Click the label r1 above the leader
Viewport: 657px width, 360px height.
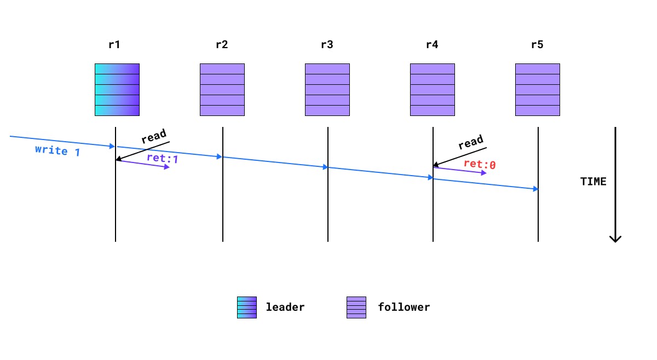point(114,45)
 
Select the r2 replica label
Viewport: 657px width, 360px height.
point(221,45)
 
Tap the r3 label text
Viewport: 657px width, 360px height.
point(327,45)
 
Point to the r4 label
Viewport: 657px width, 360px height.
point(432,45)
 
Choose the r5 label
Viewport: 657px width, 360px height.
point(537,45)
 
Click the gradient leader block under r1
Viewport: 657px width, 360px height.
point(117,90)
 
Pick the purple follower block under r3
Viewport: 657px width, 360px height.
point(327,90)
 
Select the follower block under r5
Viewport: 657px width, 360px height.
point(538,90)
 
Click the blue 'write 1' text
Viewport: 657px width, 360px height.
point(57,150)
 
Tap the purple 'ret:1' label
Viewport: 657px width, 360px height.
point(163,159)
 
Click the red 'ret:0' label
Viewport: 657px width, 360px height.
point(480,164)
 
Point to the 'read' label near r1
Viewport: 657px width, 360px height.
point(154,136)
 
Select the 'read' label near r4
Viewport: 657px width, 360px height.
point(471,142)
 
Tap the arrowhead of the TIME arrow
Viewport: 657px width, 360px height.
point(615,239)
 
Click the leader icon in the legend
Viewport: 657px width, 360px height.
point(246,307)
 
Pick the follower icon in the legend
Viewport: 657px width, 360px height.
point(356,307)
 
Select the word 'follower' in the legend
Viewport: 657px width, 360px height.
point(404,307)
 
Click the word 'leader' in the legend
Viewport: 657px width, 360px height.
point(285,307)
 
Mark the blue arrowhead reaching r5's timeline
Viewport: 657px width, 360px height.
point(535,189)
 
